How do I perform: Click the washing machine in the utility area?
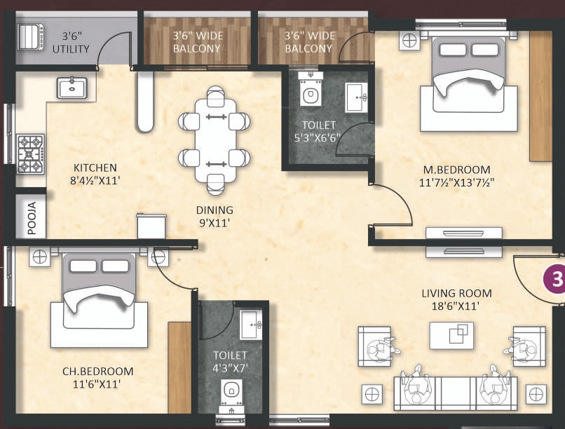click(30, 35)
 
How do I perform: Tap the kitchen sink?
click(72, 88)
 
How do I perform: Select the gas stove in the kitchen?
click(30, 153)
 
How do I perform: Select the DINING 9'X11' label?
click(215, 216)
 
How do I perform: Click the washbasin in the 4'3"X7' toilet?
click(250, 324)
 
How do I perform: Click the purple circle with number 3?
click(555, 280)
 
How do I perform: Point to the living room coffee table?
click(451, 334)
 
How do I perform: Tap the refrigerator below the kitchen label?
click(151, 226)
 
